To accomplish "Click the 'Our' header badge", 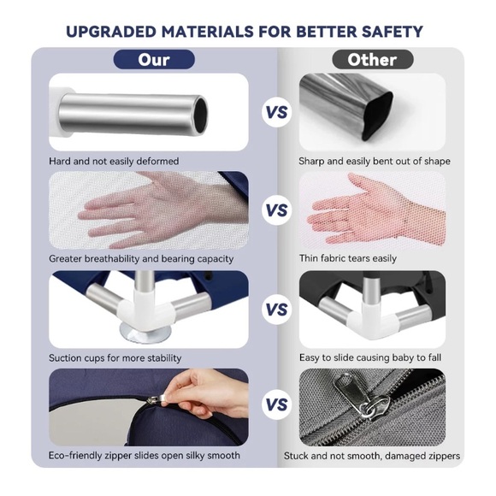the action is pyautogui.click(x=154, y=60).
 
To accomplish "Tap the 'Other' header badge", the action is pyautogui.click(x=373, y=60).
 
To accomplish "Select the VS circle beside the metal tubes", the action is pyautogui.click(x=276, y=112).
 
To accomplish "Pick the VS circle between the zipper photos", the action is pyautogui.click(x=276, y=404).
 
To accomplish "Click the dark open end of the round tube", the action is pyautogui.click(x=201, y=115).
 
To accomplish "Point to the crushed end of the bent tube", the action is pyautogui.click(x=376, y=116).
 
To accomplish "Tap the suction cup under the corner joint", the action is pyautogui.click(x=145, y=334).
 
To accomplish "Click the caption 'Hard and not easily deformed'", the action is pyautogui.click(x=114, y=162).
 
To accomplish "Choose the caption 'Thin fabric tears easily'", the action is pyautogui.click(x=348, y=258).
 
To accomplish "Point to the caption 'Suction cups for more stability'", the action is pyautogui.click(x=115, y=358).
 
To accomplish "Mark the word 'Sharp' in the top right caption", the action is pyautogui.click(x=311, y=162).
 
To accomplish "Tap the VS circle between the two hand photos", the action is pyautogui.click(x=276, y=210).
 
